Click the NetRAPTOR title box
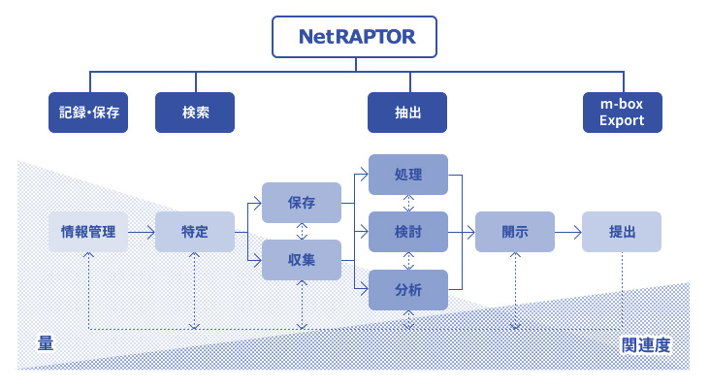coord(355,38)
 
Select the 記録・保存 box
coord(88,113)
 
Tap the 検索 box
coord(195,113)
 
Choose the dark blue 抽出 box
coord(407,113)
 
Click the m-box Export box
coord(622,113)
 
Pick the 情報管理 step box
coord(88,232)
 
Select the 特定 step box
coord(195,232)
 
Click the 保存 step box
coord(302,203)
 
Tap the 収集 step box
coord(302,260)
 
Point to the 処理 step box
coord(408,175)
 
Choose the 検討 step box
coord(408,232)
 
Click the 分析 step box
coord(408,289)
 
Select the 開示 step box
coord(514,232)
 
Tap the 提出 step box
coord(622,232)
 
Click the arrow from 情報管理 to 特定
coord(142,232)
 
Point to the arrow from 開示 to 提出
coord(567,232)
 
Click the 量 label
coord(45,343)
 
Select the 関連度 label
coord(647,344)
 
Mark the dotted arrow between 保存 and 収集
coord(302,232)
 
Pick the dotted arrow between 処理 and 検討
coord(408,204)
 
